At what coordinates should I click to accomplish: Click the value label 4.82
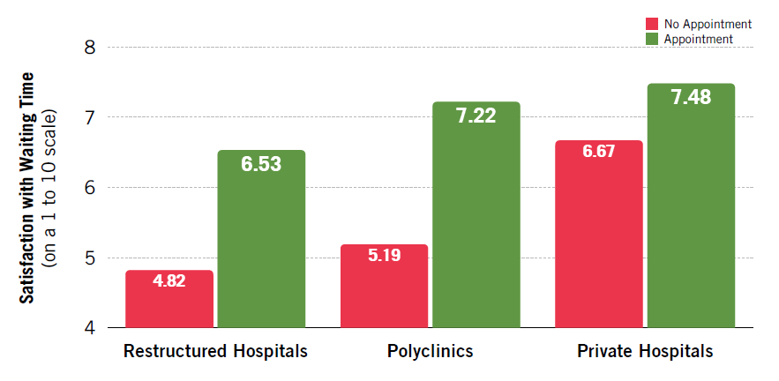pyautogui.click(x=169, y=284)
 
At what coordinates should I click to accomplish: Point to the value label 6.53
pyautogui.click(x=261, y=164)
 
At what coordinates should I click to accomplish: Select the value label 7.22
pyautogui.click(x=476, y=116)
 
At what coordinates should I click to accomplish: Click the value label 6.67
pyautogui.click(x=598, y=152)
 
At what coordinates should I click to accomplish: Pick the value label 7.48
pyautogui.click(x=691, y=97)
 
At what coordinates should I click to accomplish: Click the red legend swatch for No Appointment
pyautogui.click(x=653, y=24)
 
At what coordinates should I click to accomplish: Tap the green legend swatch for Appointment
pyautogui.click(x=653, y=39)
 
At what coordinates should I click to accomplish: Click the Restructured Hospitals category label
pyautogui.click(x=215, y=351)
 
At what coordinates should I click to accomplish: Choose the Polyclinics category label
pyautogui.click(x=430, y=351)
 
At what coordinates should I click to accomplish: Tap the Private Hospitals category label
pyautogui.click(x=645, y=351)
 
